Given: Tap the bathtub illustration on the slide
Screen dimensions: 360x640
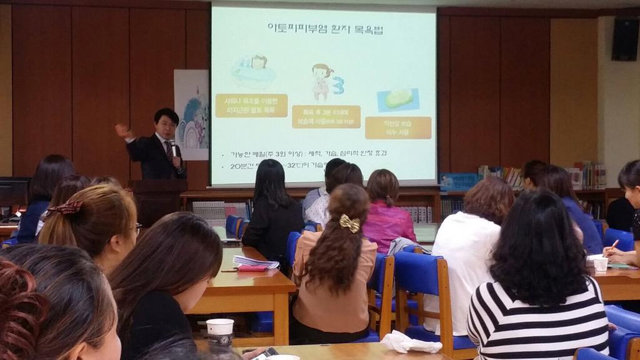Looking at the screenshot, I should (253, 72).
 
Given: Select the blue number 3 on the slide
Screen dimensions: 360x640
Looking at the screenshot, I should (338, 85).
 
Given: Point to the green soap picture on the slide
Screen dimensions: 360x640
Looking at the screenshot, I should (398, 98).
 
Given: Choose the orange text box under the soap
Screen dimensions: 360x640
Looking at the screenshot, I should (398, 127).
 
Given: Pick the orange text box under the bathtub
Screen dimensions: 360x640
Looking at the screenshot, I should (251, 106).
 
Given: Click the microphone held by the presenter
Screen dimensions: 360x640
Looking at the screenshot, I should (172, 147).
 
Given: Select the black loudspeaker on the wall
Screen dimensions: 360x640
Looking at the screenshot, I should (625, 39).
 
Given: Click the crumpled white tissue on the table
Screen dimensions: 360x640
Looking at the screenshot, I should (410, 342).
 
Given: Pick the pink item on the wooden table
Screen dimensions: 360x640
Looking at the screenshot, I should (252, 268).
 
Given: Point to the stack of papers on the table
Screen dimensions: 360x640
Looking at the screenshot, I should (255, 261).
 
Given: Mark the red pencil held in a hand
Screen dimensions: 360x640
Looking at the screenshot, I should (611, 246).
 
